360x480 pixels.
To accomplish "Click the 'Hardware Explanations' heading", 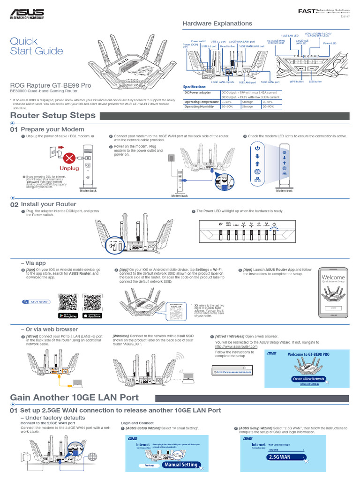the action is (x=217, y=23).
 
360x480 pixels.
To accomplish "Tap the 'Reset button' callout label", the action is (x=228, y=46).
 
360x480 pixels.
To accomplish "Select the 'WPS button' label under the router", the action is (x=297, y=82).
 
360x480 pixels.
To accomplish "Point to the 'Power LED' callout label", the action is (x=330, y=43).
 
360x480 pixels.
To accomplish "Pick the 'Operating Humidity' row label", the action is (x=200, y=106).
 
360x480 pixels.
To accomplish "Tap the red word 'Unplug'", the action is (x=69, y=168).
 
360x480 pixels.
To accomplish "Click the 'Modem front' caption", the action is (x=284, y=191).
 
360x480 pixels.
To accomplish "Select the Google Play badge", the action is (x=68, y=315).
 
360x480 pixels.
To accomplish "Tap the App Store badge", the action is (x=91, y=315).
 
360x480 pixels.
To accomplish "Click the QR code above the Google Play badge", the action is (x=68, y=302).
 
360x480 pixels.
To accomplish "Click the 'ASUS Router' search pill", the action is (x=36, y=302).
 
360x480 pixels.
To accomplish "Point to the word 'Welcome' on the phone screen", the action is (x=333, y=277).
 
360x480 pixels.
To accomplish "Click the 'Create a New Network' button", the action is (x=308, y=379).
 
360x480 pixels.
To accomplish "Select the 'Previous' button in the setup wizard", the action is (x=149, y=465).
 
